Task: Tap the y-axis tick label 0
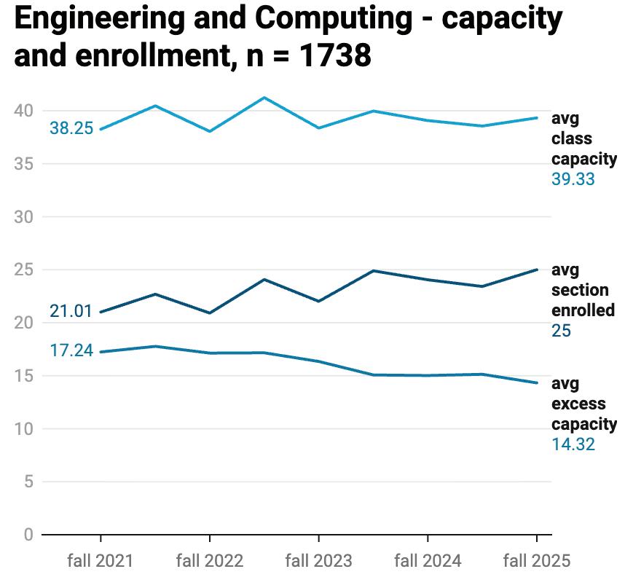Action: (x=28, y=535)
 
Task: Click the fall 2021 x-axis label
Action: (x=101, y=560)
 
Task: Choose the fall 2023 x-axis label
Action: (x=318, y=560)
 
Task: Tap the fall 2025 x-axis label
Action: (x=537, y=560)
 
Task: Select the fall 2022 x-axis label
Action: (x=210, y=560)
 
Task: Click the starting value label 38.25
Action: (x=71, y=129)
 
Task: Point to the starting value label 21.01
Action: (x=71, y=312)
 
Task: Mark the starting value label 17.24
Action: (x=71, y=350)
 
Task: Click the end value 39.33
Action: (x=573, y=179)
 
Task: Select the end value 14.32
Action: (x=573, y=444)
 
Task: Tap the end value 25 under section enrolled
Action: (x=561, y=331)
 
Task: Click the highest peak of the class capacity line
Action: (x=264, y=97)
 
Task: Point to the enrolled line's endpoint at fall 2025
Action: (x=537, y=270)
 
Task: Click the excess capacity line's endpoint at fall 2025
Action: (x=537, y=382)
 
